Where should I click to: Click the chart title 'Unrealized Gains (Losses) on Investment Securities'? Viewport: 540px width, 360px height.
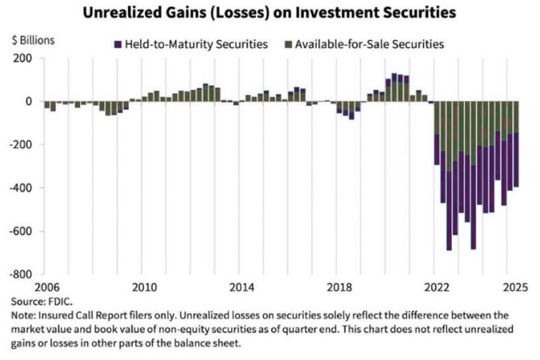[x=270, y=13]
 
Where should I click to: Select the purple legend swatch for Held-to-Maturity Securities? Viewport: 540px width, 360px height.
[x=118, y=45]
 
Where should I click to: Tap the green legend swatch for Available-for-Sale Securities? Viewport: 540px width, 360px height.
[x=289, y=45]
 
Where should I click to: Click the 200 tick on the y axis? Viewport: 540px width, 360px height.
[x=22, y=58]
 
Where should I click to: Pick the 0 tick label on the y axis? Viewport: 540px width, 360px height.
[x=28, y=102]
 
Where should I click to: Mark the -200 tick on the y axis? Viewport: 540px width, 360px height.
[x=21, y=145]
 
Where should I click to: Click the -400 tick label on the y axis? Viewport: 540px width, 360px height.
[x=21, y=188]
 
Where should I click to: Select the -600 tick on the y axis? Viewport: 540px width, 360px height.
[x=21, y=231]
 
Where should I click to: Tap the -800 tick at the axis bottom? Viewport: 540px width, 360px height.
[x=21, y=274]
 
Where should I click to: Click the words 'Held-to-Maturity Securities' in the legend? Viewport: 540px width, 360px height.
[x=195, y=45]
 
